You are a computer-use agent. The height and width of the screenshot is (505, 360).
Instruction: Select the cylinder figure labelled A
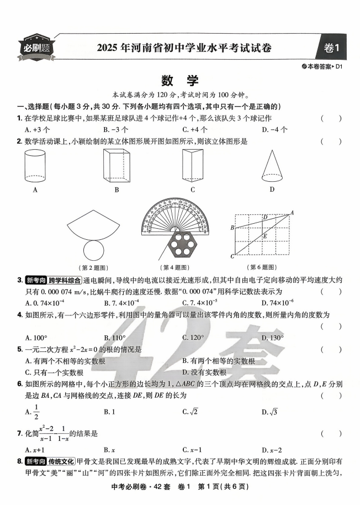(35, 166)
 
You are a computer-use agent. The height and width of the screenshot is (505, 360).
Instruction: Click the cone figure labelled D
(271, 165)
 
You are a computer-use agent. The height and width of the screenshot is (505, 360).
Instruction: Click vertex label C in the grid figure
(232, 256)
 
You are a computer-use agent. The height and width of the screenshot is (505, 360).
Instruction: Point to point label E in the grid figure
(265, 236)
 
